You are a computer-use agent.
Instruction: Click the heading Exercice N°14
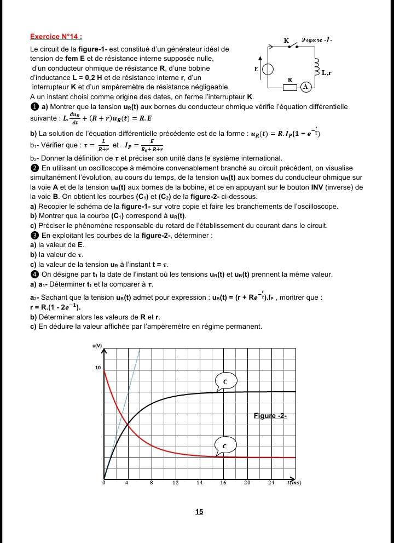pyautogui.click(x=56, y=37)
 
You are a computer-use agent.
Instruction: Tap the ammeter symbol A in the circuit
pyautogui.click(x=306, y=87)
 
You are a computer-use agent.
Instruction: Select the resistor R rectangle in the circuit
pyautogui.click(x=290, y=87)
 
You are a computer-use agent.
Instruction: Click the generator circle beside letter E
pyautogui.click(x=269, y=70)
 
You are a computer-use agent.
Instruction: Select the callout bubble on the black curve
pyautogui.click(x=225, y=380)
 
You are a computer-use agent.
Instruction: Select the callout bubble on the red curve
pyautogui.click(x=224, y=446)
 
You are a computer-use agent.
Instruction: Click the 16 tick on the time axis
pyautogui.click(x=223, y=483)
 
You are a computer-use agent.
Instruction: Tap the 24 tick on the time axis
pyautogui.click(x=271, y=483)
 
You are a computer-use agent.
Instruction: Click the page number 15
pyautogui.click(x=199, y=512)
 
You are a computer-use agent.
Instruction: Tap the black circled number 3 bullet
pyautogui.click(x=34, y=236)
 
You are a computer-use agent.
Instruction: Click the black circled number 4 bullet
pyautogui.click(x=34, y=275)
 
